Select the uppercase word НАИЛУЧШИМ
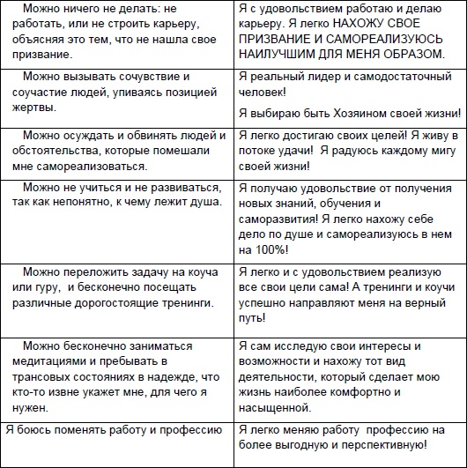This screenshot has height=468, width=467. coord(277,71)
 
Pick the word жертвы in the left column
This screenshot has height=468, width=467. coord(32,108)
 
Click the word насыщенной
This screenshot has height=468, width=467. coord(274,408)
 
